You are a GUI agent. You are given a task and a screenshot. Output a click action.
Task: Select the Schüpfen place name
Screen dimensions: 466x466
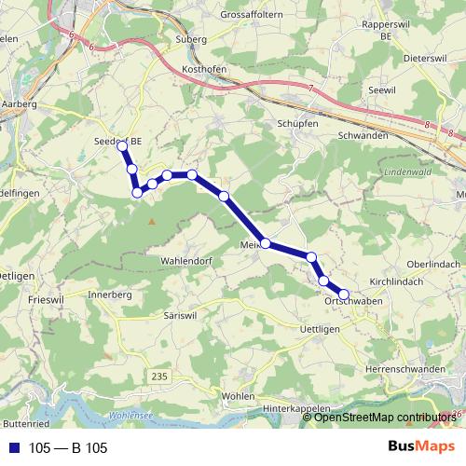pyautogui.click(x=298, y=123)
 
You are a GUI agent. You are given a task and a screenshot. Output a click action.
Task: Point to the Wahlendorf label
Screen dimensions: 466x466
pyautogui.click(x=187, y=260)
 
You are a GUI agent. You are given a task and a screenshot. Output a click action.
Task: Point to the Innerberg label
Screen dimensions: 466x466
pyautogui.click(x=111, y=294)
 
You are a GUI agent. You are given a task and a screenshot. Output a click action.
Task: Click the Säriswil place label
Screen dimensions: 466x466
pyautogui.click(x=183, y=317)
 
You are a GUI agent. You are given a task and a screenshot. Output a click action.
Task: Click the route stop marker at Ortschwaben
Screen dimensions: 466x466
pyautogui.click(x=344, y=295)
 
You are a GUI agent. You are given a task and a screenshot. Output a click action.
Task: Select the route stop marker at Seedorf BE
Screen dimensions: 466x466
pyautogui.click(x=121, y=144)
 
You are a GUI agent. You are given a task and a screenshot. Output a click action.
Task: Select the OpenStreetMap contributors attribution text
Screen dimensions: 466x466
pyautogui.click(x=385, y=418)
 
